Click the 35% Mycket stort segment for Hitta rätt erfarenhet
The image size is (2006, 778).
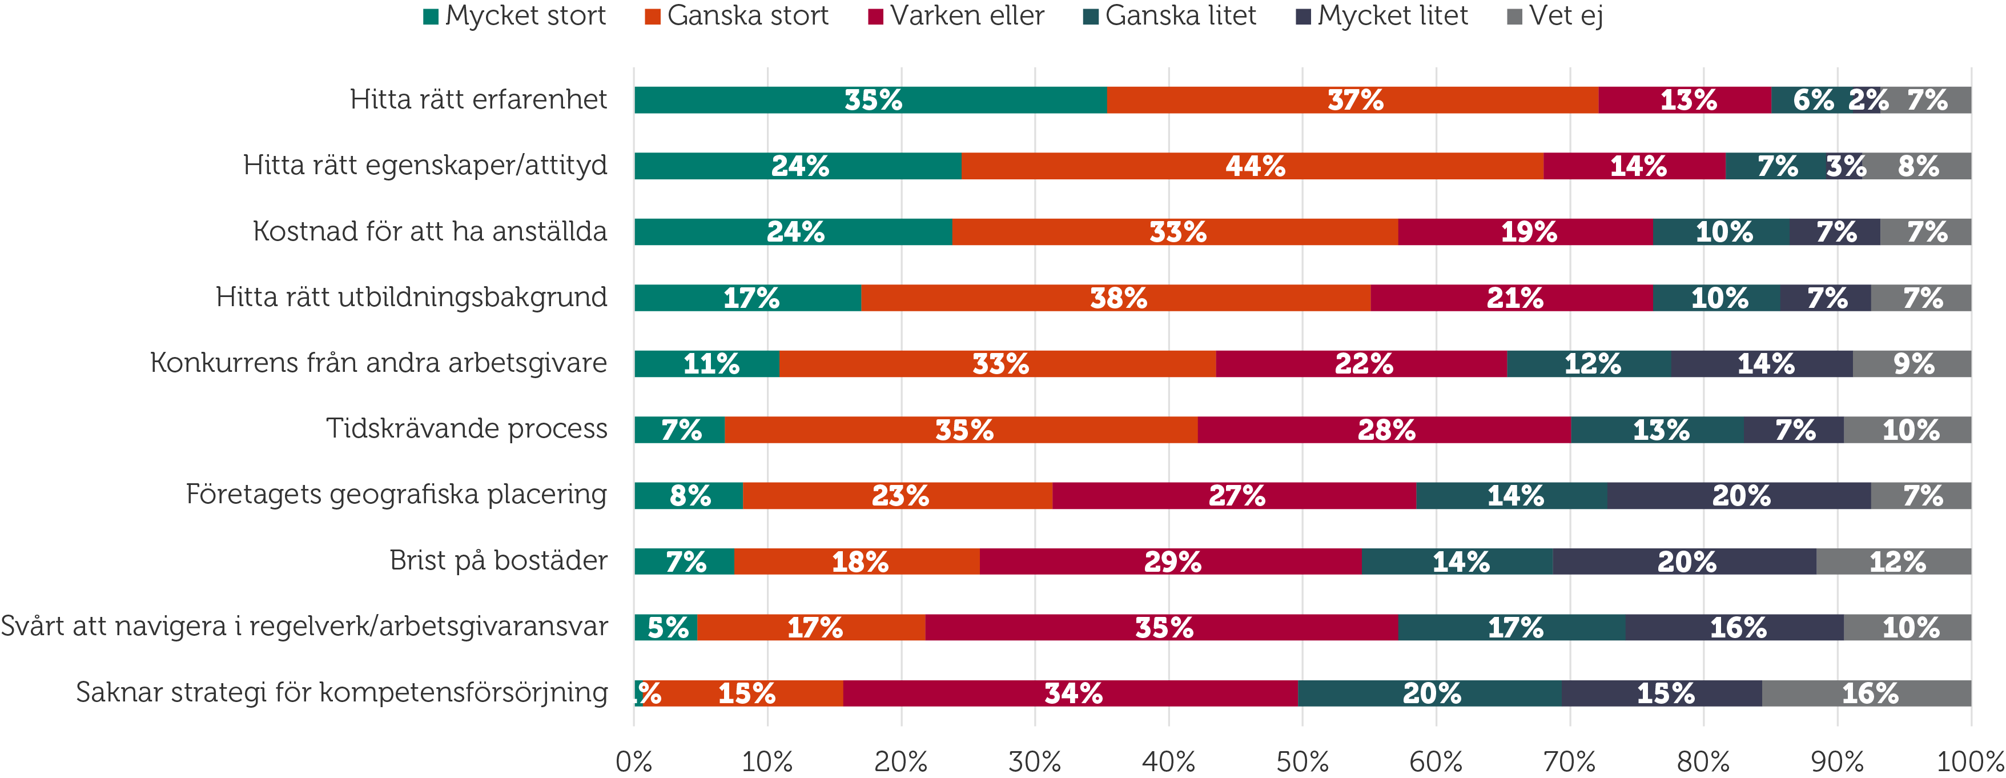click(871, 101)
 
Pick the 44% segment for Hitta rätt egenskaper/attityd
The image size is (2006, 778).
click(1252, 166)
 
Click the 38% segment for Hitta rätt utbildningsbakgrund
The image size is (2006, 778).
click(1115, 298)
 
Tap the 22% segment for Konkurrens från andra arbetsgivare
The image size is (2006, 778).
click(1361, 364)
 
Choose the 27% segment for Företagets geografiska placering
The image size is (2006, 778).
click(1235, 496)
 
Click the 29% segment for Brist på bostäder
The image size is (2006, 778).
click(1171, 562)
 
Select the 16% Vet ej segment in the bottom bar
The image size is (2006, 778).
click(1867, 693)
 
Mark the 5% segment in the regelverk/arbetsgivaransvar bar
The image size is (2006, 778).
click(666, 628)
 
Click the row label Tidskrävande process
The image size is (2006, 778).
click(467, 429)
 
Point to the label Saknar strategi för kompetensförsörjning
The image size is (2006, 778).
click(342, 692)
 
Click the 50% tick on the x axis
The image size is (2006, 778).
click(1302, 761)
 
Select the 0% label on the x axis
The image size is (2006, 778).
click(634, 761)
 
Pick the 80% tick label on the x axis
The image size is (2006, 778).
click(1703, 761)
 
